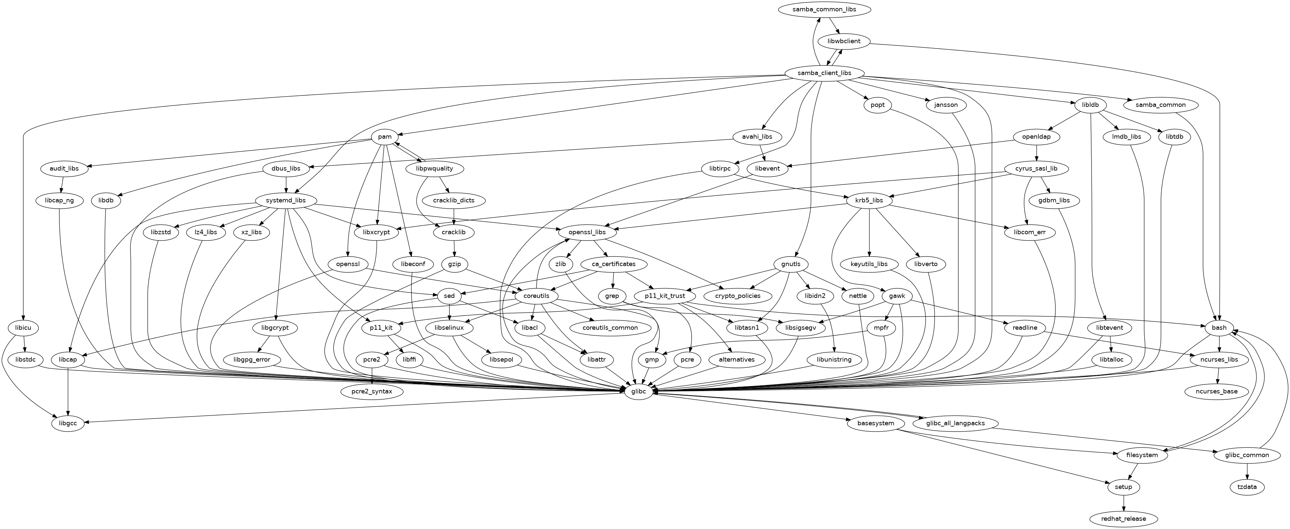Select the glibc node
point(639,391)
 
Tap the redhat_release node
point(1124,518)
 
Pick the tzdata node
point(1247,487)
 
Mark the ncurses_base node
point(1217,391)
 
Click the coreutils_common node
point(610,328)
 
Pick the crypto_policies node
point(738,296)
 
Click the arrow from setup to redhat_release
point(1124,502)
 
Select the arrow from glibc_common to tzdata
point(1247,471)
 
